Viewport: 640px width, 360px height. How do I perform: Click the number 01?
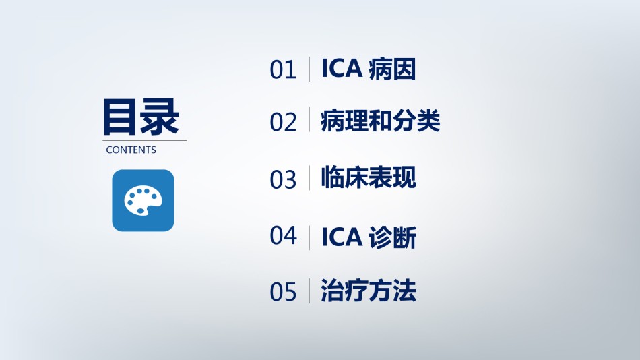tap(283, 70)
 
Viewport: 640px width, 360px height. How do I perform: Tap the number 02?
tap(283, 122)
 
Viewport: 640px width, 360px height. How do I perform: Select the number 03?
tap(283, 179)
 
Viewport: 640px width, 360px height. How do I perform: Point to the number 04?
tap(283, 235)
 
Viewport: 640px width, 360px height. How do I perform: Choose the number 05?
tap(283, 292)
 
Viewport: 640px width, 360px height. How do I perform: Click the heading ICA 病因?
tap(369, 69)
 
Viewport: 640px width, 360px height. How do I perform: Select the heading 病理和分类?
tap(381, 121)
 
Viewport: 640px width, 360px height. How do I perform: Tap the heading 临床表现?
tap(369, 177)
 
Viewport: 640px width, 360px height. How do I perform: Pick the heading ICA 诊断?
tap(369, 237)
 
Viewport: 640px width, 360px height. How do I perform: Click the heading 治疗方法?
tap(369, 291)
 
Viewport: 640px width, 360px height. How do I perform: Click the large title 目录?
tap(141, 117)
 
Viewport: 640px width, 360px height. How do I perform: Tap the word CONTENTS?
tap(131, 150)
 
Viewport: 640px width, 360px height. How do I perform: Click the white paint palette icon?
tap(143, 201)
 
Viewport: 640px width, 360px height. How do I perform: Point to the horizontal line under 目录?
tap(144, 140)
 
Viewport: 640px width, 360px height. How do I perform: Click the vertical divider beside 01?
tap(309, 69)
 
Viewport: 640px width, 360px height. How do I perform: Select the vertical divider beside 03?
tap(309, 178)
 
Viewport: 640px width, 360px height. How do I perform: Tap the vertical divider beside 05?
tap(309, 291)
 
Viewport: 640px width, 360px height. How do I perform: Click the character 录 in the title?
tap(160, 117)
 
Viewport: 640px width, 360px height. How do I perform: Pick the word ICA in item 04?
tap(342, 237)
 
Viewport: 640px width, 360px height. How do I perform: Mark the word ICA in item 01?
tap(342, 68)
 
